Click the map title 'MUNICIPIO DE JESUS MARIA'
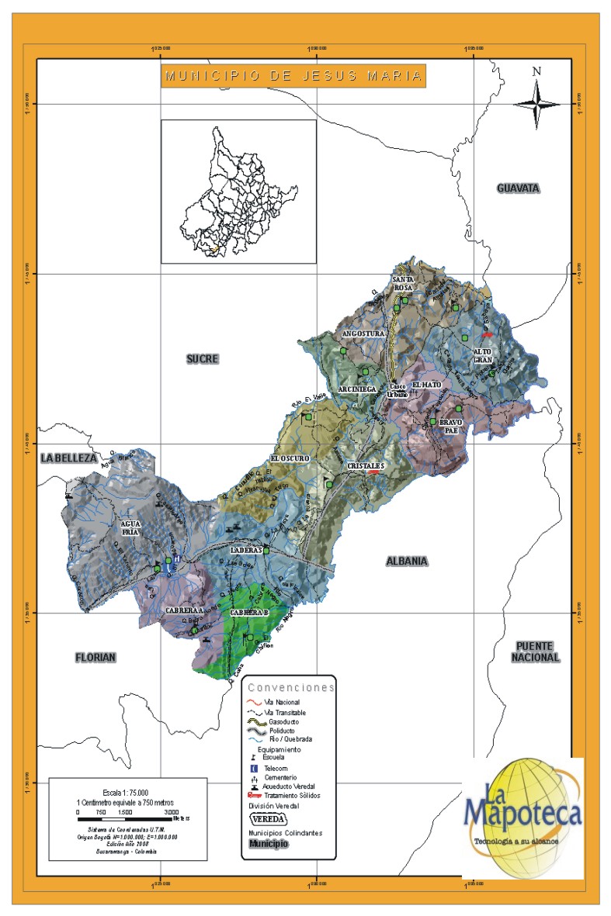[293, 76]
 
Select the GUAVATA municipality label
[518, 188]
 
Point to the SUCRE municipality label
[202, 358]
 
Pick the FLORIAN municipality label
[95, 658]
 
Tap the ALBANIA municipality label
[407, 561]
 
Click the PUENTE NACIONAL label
[535, 652]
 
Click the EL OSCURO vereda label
[290, 458]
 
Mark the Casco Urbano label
[397, 389]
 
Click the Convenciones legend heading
[290, 687]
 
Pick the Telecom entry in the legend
[276, 768]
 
